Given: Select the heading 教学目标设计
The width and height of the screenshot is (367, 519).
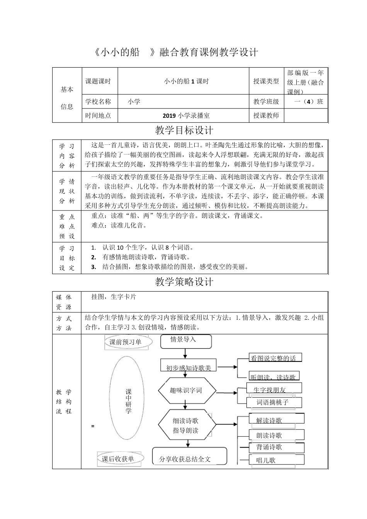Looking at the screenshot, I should [x=184, y=131].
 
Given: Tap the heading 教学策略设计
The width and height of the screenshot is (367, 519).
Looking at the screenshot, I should [x=184, y=282].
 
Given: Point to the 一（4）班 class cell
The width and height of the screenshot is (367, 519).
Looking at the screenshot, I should [x=308, y=102].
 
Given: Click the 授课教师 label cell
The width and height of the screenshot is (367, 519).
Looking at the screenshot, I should [x=266, y=115].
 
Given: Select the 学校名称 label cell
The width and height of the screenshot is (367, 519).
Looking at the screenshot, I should [x=98, y=102].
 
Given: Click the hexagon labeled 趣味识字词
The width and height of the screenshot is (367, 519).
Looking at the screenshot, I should [x=186, y=390].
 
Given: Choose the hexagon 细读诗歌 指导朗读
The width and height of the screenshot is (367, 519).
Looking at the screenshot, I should [x=186, y=426].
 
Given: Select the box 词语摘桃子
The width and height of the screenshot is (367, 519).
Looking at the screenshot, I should [x=274, y=402].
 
